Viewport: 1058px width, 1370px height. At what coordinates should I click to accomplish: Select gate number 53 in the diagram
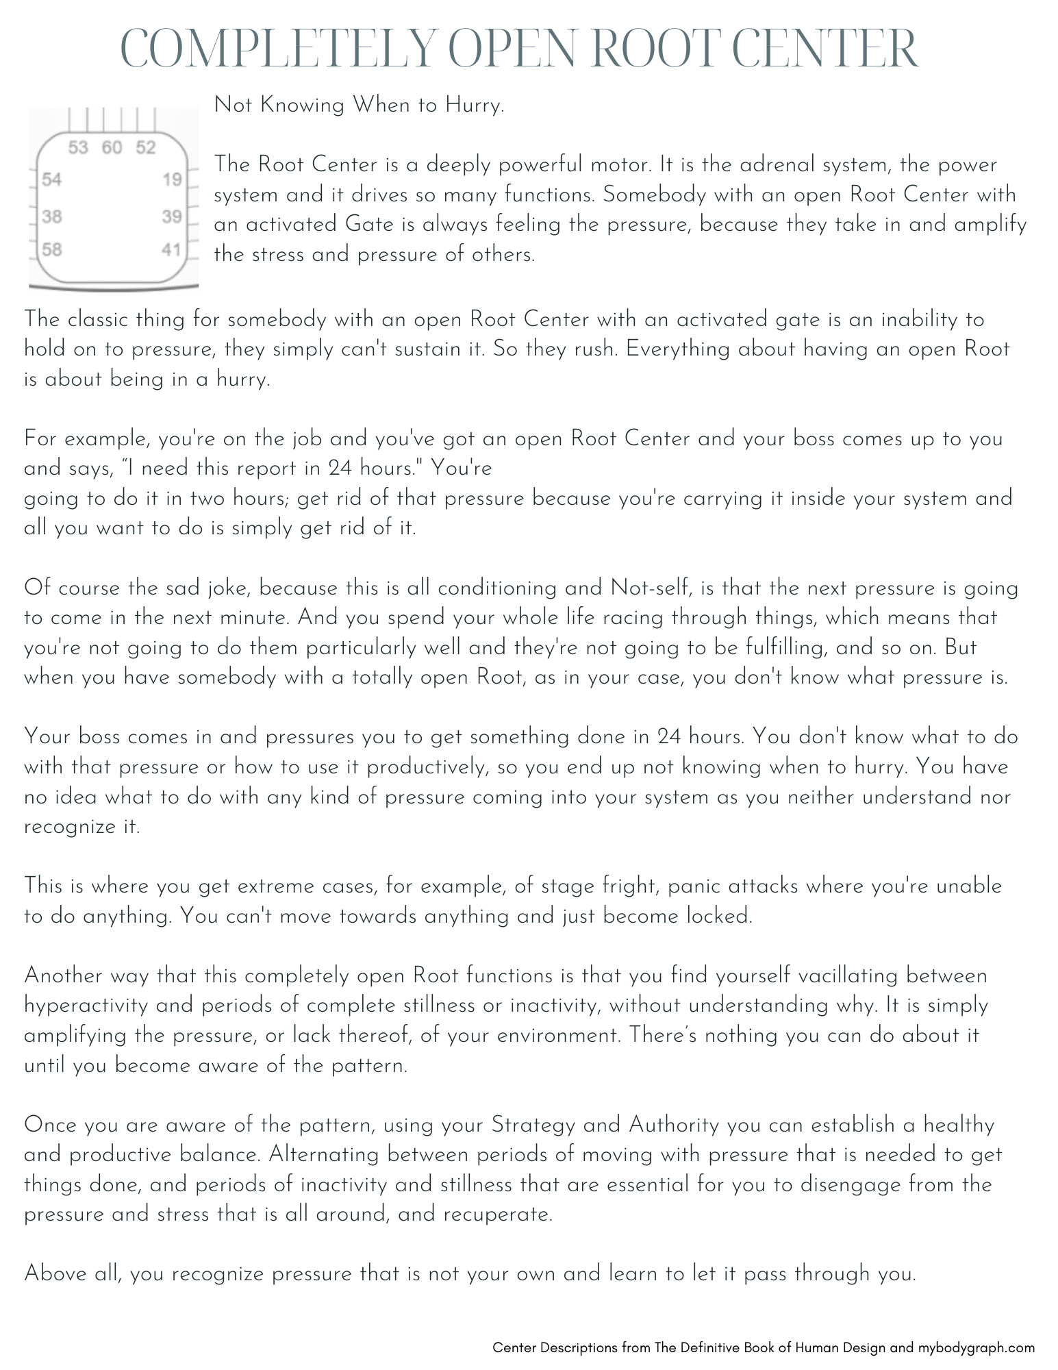(79, 148)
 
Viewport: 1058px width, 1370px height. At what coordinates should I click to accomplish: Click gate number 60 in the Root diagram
(112, 148)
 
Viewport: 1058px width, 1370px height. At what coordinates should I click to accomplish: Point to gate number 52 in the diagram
(145, 148)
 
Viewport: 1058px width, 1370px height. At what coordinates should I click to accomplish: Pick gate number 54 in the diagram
(52, 180)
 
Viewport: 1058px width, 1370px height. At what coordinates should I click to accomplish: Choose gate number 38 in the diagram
(52, 217)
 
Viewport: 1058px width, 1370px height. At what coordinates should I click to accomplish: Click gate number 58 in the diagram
(52, 249)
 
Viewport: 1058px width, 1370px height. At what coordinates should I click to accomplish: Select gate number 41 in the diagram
(171, 249)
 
